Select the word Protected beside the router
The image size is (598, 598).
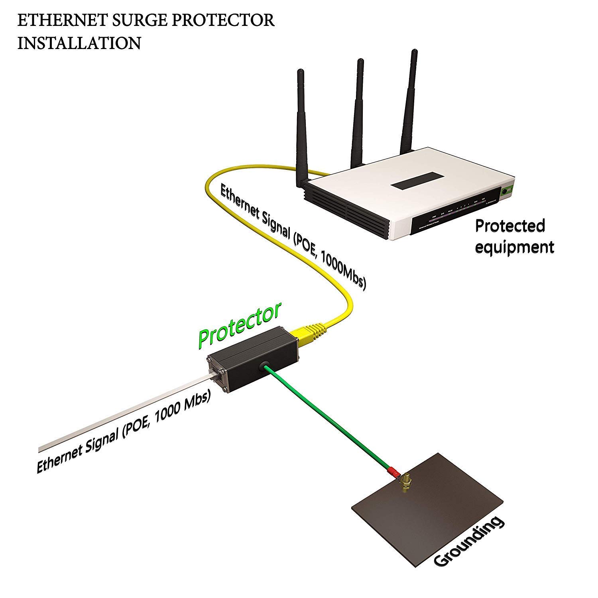(509, 226)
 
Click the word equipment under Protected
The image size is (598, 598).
(514, 247)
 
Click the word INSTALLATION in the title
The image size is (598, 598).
(79, 43)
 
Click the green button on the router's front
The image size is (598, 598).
(507, 191)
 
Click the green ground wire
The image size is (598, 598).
(327, 419)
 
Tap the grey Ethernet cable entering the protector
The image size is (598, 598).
(120, 415)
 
